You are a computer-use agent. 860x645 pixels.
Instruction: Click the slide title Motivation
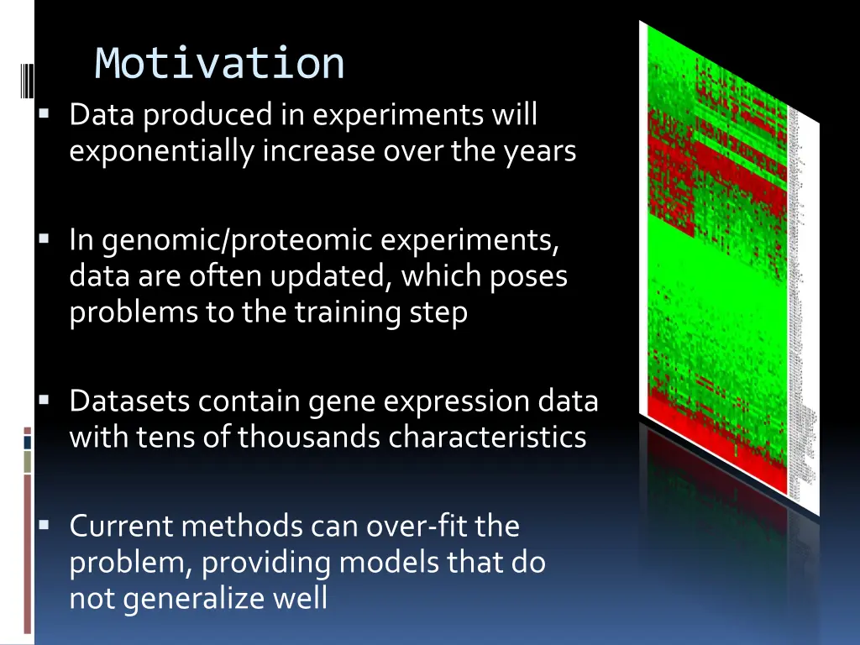point(219,64)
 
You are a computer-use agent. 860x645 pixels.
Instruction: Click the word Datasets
point(129,401)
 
